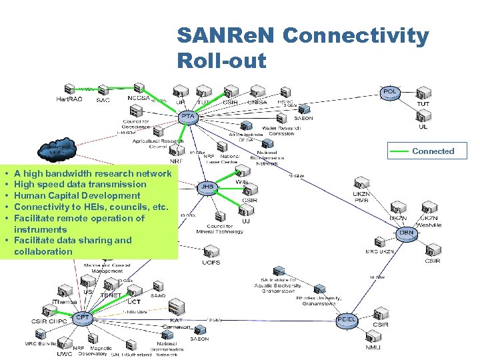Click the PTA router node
[189, 117]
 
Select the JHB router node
[207, 187]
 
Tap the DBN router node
[407, 233]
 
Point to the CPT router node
[83, 317]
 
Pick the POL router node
[390, 91]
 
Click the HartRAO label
[69, 99]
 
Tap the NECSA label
[139, 98]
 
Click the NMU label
[373, 347]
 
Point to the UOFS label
[211, 263]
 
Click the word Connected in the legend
[433, 151]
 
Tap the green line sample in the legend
[399, 151]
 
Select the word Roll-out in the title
[221, 61]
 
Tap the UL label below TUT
[423, 127]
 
